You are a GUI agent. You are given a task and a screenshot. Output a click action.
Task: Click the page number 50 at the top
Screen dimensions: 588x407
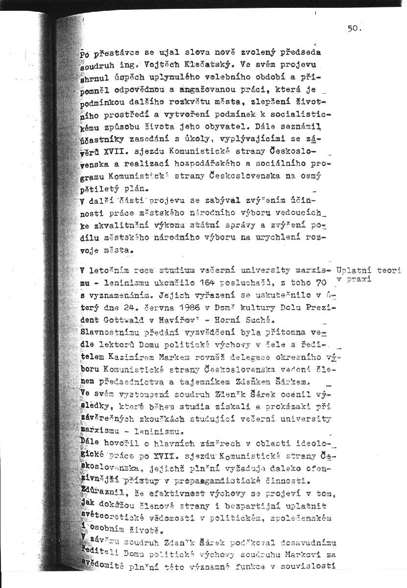[x=353, y=28]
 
